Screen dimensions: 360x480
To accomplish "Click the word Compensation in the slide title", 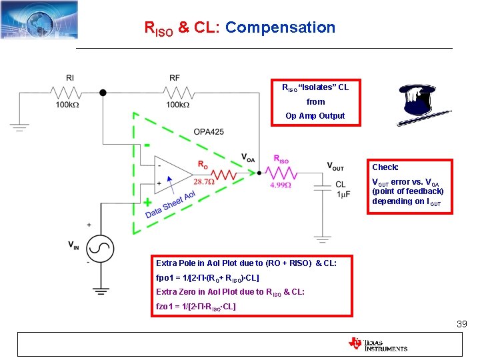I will click(280, 27).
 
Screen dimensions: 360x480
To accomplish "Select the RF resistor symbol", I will click(174, 92).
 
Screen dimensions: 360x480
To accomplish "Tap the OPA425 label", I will click(209, 132).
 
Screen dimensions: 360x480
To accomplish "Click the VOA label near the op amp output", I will click(248, 158).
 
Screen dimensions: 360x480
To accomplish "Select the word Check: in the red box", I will click(385, 167).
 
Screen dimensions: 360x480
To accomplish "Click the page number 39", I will click(461, 324).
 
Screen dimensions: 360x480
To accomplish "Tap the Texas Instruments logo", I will click(377, 344).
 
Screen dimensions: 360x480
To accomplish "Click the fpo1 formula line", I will click(207, 277).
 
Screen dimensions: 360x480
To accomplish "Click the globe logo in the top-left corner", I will click(39, 19).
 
